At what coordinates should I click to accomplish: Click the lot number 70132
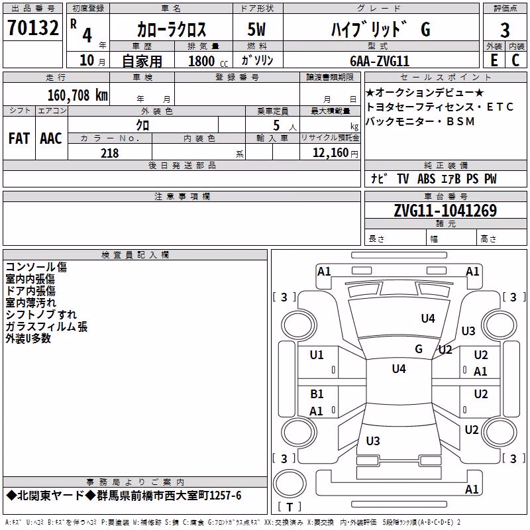(32, 28)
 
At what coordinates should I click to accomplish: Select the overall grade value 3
(505, 30)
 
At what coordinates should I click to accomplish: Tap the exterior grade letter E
(494, 60)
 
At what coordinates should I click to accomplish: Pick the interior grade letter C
(515, 60)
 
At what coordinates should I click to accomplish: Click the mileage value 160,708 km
(78, 95)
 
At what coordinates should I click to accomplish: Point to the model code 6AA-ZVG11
(380, 61)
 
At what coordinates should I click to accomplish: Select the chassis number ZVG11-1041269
(445, 211)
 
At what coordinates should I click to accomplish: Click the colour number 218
(109, 153)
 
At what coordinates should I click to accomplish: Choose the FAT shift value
(19, 138)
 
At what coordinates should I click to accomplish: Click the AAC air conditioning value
(51, 138)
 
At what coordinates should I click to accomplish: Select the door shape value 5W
(256, 29)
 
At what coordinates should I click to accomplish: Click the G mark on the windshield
(419, 348)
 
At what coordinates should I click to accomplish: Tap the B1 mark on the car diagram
(317, 394)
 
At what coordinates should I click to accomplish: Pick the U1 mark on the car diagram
(317, 355)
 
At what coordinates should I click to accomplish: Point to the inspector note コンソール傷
(36, 267)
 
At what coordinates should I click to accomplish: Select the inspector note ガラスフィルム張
(46, 327)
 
